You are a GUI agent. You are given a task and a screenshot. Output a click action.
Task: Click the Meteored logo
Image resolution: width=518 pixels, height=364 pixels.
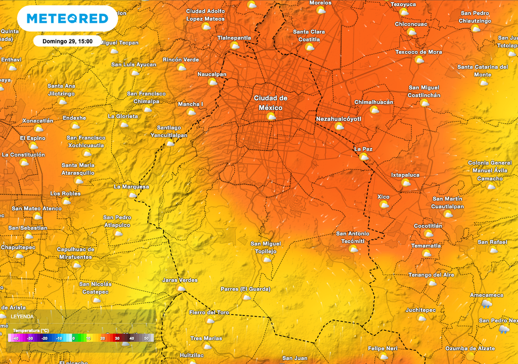[x=67, y=19]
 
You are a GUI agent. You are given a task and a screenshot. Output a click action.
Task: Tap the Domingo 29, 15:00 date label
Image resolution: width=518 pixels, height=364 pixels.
[x=67, y=41]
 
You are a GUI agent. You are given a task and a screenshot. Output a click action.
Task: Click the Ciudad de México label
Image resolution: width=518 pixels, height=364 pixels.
[x=271, y=103]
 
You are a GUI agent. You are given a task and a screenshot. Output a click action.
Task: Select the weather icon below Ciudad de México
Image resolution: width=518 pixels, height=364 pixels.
[x=271, y=117]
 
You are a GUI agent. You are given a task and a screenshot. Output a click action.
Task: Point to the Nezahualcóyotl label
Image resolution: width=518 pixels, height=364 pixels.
[x=339, y=119]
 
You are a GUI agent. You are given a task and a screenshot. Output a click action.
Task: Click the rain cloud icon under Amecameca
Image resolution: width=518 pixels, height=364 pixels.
[x=487, y=303]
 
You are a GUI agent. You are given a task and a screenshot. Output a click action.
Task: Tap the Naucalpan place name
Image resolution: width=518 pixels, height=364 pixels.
[x=212, y=74]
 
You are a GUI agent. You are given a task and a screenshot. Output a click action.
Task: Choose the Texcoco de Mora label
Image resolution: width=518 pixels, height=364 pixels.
[x=419, y=52]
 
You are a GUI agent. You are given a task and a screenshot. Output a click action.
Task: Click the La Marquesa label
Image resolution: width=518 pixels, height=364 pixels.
[x=132, y=187]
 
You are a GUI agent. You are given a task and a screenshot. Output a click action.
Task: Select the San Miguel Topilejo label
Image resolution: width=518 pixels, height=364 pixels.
[x=266, y=248]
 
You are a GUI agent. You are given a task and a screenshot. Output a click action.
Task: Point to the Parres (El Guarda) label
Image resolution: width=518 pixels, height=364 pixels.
[x=246, y=289]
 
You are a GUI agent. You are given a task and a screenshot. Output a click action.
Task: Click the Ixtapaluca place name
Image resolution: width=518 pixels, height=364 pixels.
[x=405, y=175]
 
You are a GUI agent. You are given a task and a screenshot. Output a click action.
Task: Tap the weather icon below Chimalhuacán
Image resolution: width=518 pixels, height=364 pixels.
[x=374, y=110]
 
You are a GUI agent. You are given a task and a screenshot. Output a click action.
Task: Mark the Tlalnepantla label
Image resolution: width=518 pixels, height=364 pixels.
[x=234, y=38]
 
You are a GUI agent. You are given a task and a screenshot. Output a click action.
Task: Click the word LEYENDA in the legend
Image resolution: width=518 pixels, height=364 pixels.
[x=22, y=316]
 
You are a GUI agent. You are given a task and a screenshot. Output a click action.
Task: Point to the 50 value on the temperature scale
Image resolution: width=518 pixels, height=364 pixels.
[x=147, y=338]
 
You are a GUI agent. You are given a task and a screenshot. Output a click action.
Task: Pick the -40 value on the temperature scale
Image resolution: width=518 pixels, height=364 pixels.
[x=15, y=338]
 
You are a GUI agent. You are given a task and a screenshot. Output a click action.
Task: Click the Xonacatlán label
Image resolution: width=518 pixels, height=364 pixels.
[x=38, y=121]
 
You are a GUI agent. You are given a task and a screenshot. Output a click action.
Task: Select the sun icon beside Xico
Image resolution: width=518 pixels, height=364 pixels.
[x=384, y=205]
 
